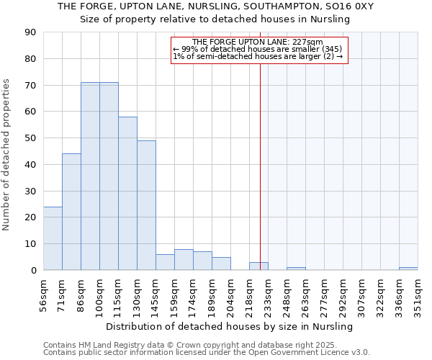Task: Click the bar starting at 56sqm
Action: (x=53, y=238)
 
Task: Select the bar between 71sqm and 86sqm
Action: (x=71, y=212)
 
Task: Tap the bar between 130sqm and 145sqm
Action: (x=146, y=205)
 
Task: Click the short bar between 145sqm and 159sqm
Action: (x=165, y=262)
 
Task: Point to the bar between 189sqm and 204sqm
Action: (x=221, y=264)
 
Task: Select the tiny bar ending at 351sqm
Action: (x=408, y=269)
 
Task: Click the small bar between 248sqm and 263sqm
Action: (x=296, y=269)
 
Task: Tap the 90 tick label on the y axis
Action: (x=30, y=32)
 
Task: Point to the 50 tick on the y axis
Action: (x=30, y=138)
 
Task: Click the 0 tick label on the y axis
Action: (x=33, y=271)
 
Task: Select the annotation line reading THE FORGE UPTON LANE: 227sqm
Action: (x=258, y=42)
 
